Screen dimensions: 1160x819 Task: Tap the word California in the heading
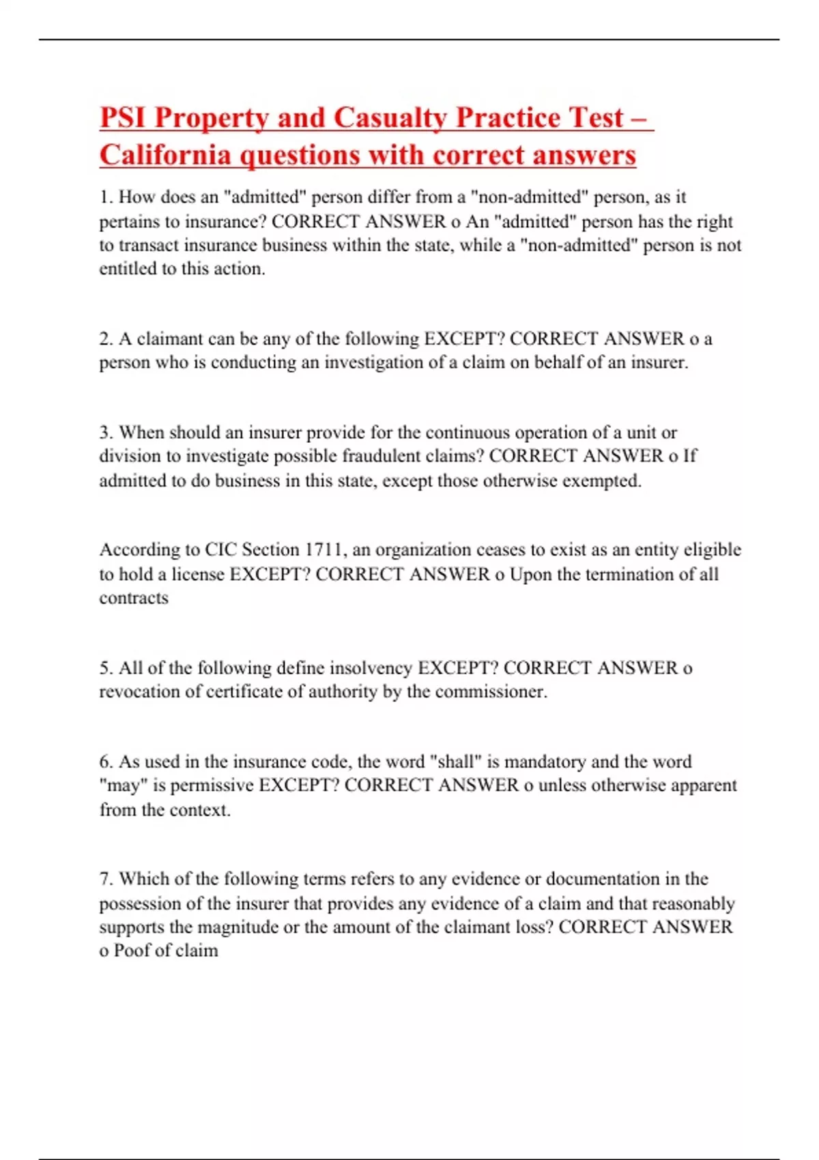165,155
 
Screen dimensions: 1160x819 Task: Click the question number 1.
105,197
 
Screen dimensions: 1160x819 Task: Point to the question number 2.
105,339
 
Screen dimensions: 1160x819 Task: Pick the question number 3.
105,433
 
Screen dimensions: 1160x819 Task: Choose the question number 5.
105,668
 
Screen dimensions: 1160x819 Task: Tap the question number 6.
105,762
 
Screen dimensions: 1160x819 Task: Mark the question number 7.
105,879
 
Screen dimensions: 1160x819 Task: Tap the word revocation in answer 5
140,692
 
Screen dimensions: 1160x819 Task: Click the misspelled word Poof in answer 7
128,951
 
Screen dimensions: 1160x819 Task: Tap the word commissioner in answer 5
491,692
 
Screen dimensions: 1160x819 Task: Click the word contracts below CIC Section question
134,598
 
